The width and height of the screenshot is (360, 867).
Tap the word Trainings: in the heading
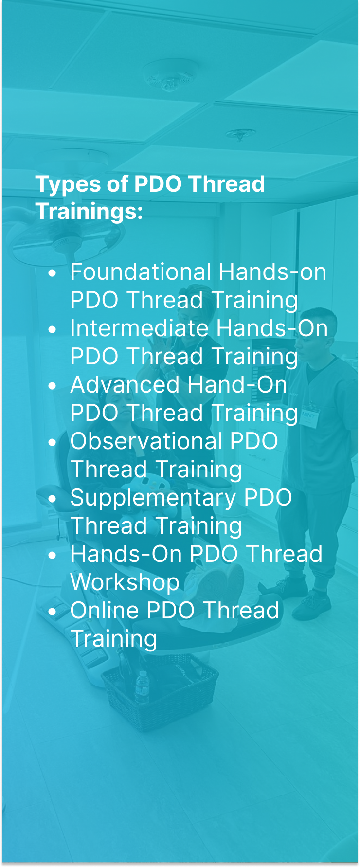pyautogui.click(x=89, y=211)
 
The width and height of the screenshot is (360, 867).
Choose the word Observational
pyautogui.click(x=146, y=441)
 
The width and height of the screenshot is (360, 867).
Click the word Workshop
pyautogui.click(x=125, y=582)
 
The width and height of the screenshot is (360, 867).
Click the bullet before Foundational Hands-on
pyautogui.click(x=53, y=273)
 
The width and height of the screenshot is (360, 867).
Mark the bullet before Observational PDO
pyautogui.click(x=53, y=443)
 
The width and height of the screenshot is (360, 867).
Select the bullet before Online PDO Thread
pyautogui.click(x=53, y=612)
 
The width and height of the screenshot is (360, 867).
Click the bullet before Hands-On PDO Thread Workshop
pyautogui.click(x=53, y=556)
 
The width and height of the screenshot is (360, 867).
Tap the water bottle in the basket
pyautogui.click(x=142, y=686)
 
